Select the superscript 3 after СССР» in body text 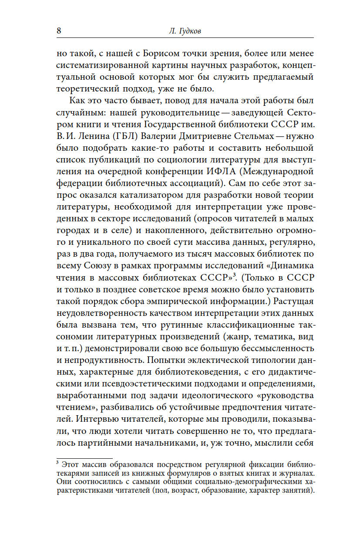pyautogui.click(x=234, y=274)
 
